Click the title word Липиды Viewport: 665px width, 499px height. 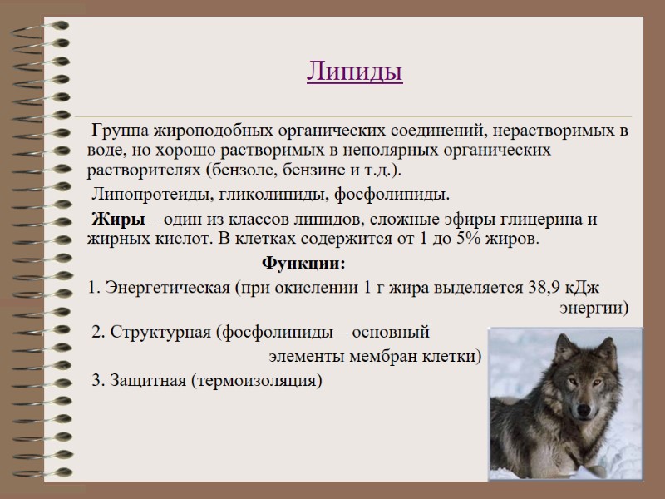tap(355, 72)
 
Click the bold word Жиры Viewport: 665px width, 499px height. tap(112, 220)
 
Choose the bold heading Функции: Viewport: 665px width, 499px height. tap(303, 264)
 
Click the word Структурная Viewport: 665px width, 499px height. tap(159, 333)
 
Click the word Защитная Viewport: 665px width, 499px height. tap(145, 381)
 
